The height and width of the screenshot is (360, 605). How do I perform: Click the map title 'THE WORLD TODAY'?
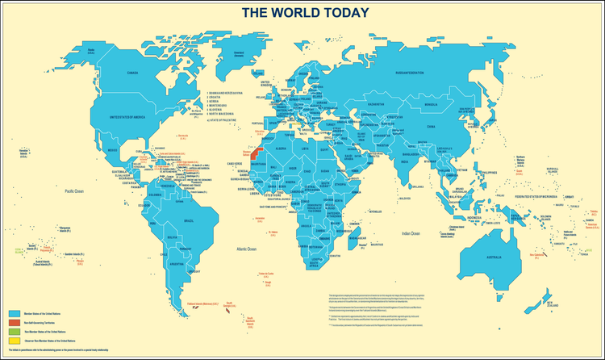point(306,12)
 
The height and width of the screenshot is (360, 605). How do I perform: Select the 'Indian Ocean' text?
point(409,232)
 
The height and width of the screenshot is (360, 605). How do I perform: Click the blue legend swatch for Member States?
point(14,313)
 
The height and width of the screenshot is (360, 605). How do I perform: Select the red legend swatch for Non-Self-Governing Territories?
point(14,322)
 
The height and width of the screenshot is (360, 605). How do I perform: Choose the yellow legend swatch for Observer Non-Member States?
point(14,341)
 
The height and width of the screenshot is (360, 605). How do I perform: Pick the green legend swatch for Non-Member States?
point(14,332)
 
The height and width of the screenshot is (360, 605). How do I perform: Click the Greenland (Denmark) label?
point(239,55)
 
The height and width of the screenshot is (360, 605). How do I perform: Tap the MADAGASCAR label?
point(355,239)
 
